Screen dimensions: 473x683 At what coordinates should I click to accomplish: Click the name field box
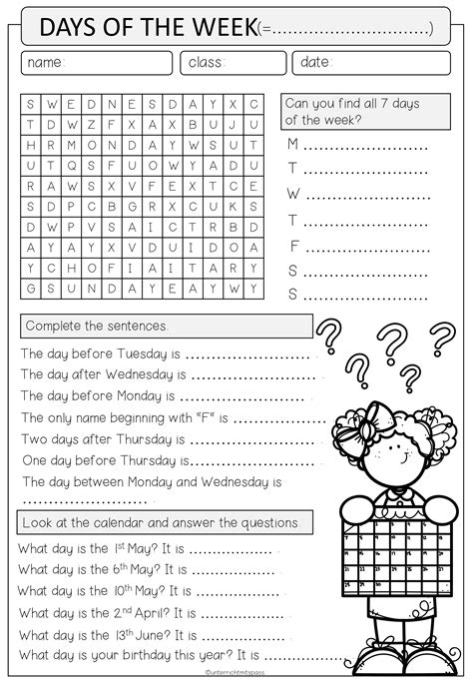[96, 63]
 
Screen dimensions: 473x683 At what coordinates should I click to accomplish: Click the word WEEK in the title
[217, 30]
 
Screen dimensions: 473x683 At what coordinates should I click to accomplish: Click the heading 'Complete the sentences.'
[98, 327]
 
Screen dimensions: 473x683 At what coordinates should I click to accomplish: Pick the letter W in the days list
[293, 193]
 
